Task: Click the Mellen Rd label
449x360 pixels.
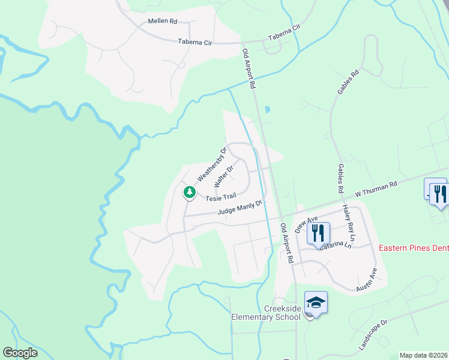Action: click(x=163, y=21)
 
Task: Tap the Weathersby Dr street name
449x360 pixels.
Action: click(x=211, y=164)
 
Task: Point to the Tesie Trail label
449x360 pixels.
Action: click(x=220, y=197)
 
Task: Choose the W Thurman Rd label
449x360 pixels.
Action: click(x=376, y=189)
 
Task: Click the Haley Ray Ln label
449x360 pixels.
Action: click(x=349, y=223)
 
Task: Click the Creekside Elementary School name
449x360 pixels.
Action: click(x=266, y=312)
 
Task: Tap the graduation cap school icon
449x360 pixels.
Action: click(x=316, y=302)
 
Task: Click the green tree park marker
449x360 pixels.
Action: click(x=190, y=193)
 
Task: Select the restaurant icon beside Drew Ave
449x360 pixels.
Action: click(x=318, y=232)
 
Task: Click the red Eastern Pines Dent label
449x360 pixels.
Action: click(x=414, y=247)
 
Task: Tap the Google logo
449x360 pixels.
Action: click(x=20, y=353)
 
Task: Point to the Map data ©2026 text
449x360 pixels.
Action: click(x=424, y=355)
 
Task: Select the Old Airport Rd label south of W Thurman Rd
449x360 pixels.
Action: click(x=286, y=244)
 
